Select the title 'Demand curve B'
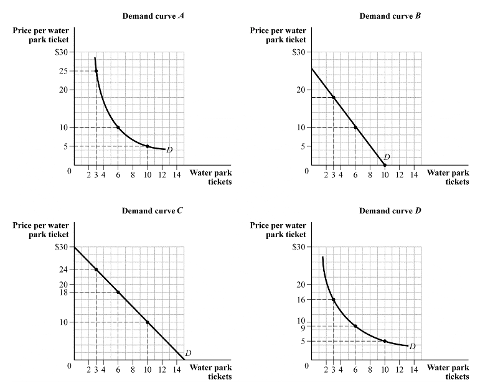(390, 16)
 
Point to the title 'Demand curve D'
(390, 211)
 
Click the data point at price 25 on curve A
(96, 71)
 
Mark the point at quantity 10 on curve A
(148, 146)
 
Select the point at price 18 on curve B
(334, 97)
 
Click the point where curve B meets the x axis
(385, 165)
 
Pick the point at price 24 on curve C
(96, 269)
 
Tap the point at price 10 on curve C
(148, 322)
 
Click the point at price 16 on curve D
(334, 299)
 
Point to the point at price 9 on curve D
(355, 326)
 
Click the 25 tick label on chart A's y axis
(65, 71)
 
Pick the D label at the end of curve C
(188, 353)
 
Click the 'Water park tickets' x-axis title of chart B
(448, 177)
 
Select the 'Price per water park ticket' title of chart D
(278, 230)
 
